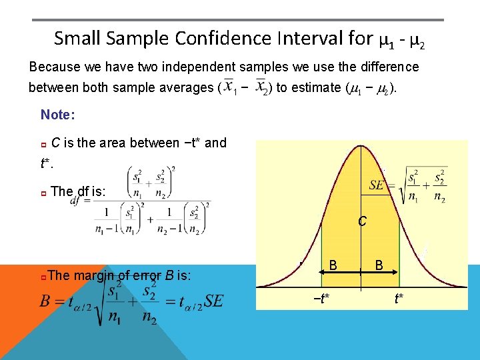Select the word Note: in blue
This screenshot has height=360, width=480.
[58, 115]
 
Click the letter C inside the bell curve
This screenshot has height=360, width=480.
[361, 221]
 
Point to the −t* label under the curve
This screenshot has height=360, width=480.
[321, 298]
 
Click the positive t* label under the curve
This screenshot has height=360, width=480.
[399, 298]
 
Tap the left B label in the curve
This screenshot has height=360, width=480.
[333, 265]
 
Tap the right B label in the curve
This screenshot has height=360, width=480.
[378, 265]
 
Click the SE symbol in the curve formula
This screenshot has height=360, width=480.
[377, 185]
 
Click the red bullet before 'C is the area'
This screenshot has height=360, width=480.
[44, 144]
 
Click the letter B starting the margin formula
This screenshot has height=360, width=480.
[46, 301]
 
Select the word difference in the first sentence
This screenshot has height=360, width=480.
[388, 67]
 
